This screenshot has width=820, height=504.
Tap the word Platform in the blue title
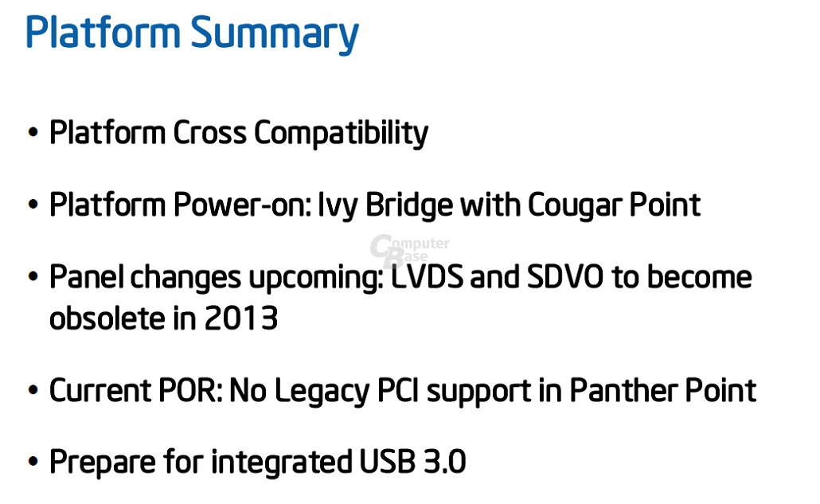(x=103, y=33)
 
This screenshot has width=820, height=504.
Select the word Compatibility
(x=341, y=133)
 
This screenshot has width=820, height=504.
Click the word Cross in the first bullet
(x=211, y=133)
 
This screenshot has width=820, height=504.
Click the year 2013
(x=240, y=318)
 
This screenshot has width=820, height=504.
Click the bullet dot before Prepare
(x=33, y=463)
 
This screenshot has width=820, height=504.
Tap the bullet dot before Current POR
(x=33, y=391)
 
